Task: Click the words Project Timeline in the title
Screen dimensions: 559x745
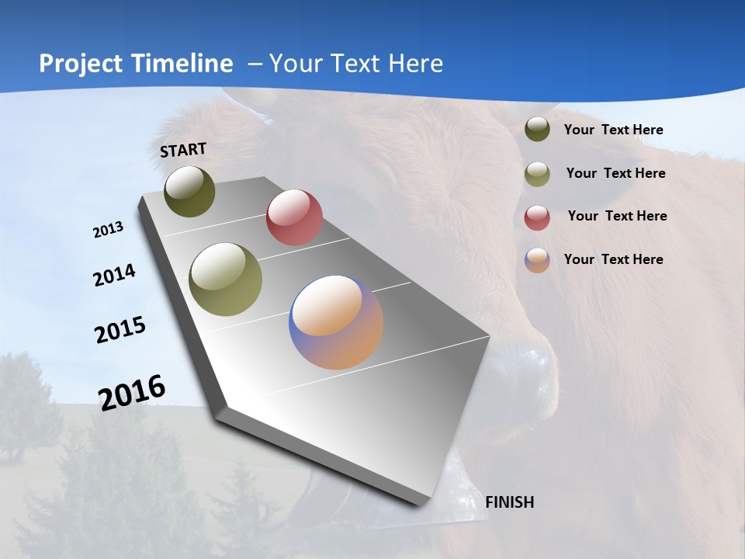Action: tap(136, 64)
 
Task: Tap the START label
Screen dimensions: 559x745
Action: tap(183, 150)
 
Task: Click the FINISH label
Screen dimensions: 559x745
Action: tap(509, 502)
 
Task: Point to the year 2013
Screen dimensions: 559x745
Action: tap(109, 230)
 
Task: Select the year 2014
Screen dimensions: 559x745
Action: tap(115, 275)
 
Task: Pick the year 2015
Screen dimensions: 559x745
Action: tap(120, 330)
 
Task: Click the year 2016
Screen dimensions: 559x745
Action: tap(132, 393)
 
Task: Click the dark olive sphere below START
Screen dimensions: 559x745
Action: tap(189, 192)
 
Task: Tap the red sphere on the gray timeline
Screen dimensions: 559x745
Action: tap(294, 217)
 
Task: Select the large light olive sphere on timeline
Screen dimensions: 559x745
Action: tap(225, 279)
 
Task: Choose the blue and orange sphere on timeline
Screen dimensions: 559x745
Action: tap(336, 322)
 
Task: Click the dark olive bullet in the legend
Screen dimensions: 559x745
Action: tap(537, 129)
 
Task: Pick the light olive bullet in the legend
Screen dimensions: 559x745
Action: tap(537, 174)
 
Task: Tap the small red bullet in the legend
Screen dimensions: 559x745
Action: tap(537, 217)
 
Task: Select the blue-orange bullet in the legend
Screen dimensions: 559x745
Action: tap(537, 260)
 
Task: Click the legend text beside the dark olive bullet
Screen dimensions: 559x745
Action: tap(613, 130)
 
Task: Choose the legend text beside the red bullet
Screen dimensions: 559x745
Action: tap(617, 216)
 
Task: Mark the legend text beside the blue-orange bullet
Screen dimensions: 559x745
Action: tap(613, 259)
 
